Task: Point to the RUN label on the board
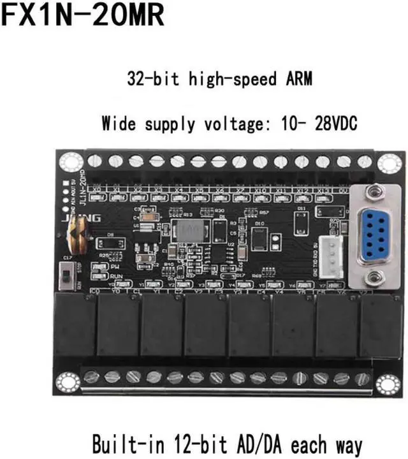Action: coord(116,275)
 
